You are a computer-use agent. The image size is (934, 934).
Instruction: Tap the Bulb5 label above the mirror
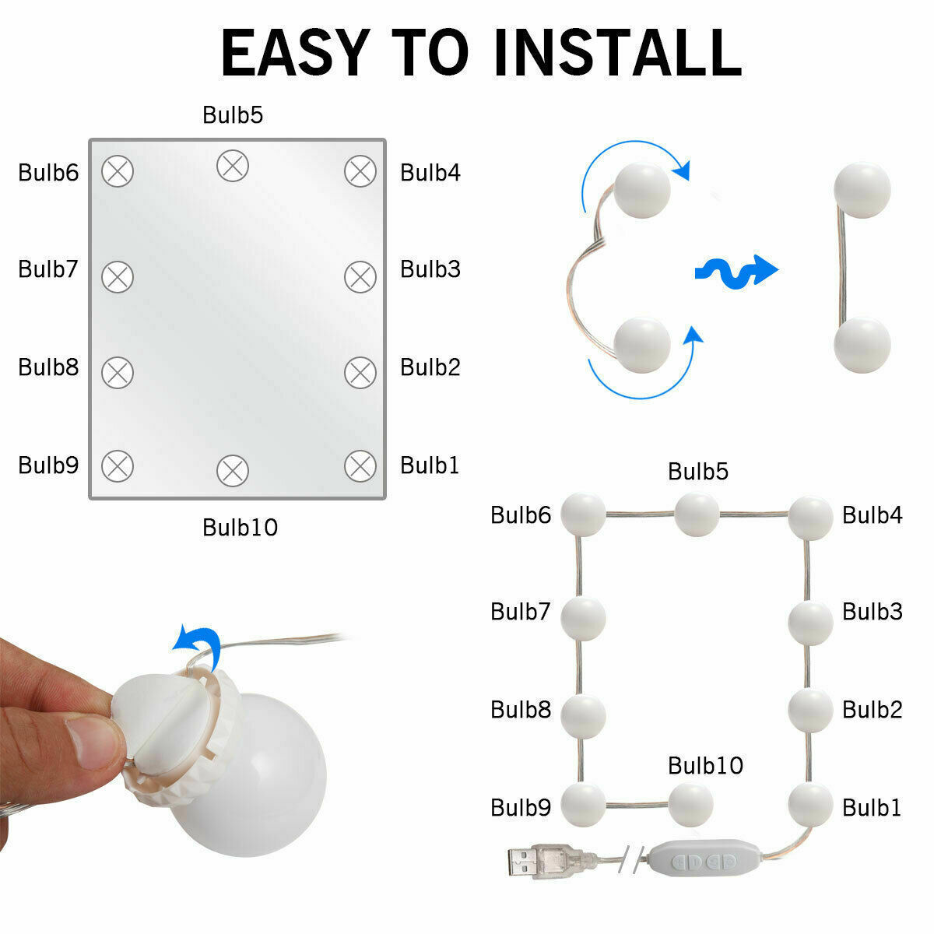coord(233,115)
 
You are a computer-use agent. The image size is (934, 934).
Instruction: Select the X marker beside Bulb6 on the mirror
coord(118,171)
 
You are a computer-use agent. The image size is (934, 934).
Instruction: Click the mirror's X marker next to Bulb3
coord(360,277)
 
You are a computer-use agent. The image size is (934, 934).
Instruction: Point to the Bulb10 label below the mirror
coord(240,528)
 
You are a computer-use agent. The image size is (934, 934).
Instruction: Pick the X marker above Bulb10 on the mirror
coord(233,471)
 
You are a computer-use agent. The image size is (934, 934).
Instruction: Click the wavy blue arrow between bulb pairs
coord(736,272)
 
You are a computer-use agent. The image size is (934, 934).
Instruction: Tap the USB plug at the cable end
coord(546,862)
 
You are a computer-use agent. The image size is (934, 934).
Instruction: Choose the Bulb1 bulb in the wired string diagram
coord(810,805)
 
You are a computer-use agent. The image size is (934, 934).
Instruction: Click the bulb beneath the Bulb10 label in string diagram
coord(690,805)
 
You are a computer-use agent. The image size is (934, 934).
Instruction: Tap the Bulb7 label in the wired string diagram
coord(521,611)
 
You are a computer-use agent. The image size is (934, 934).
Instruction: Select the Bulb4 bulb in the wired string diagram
coord(810,518)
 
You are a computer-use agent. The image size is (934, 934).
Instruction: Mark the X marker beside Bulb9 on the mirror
coord(118,466)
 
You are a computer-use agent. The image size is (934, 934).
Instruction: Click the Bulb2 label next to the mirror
coord(430,367)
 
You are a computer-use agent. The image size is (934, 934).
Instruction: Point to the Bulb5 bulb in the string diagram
coord(697,514)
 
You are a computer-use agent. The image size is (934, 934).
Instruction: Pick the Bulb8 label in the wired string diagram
coord(521,709)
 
